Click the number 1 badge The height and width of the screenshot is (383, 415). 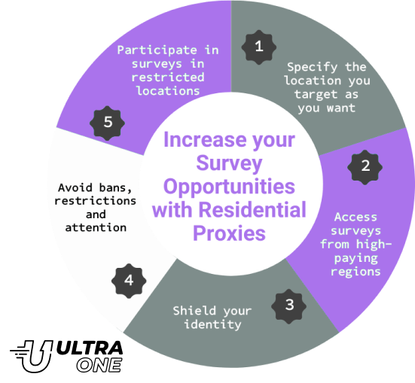point(259,47)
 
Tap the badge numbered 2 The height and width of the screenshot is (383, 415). point(365,167)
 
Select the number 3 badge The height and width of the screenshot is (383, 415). point(288,306)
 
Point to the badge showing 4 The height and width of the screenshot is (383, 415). point(129,281)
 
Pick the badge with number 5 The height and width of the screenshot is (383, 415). point(107,123)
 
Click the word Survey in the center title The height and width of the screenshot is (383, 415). point(229,163)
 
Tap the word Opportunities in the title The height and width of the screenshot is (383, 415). point(229,187)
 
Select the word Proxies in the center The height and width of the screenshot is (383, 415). point(229,233)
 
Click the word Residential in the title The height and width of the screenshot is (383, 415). point(252,210)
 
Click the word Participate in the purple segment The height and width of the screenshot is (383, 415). point(157,50)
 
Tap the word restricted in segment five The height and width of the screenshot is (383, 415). point(168,78)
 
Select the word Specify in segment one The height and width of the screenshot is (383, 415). point(313,68)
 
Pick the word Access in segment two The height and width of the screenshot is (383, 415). point(355,217)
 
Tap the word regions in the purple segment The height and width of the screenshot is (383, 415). point(355,272)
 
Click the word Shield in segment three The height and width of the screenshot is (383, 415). point(194,311)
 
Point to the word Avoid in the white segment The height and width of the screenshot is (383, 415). point(75,188)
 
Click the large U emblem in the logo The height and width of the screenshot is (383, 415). point(35,357)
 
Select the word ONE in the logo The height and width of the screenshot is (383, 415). point(99,366)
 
